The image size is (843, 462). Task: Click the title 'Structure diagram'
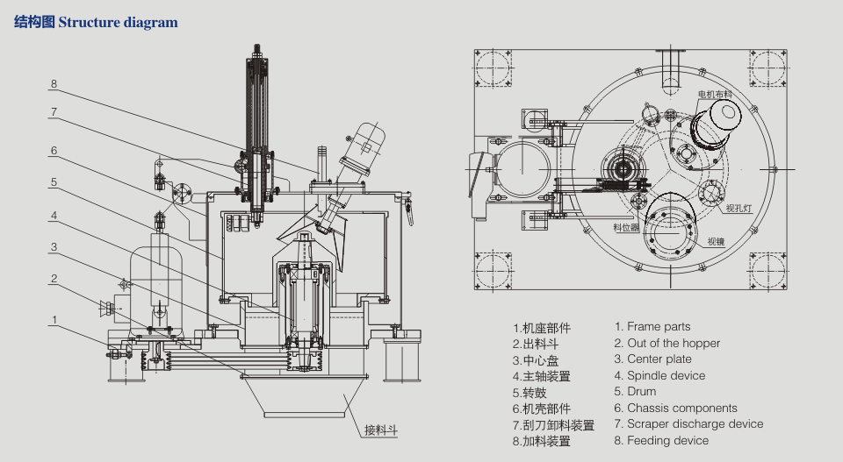(x=118, y=22)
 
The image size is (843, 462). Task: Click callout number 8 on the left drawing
(x=54, y=85)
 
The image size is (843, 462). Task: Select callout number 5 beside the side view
(x=54, y=182)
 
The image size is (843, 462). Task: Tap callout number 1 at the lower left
(x=54, y=319)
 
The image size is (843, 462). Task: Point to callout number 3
(x=54, y=247)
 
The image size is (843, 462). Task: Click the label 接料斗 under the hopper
(x=381, y=430)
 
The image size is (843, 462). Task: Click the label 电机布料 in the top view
(x=716, y=94)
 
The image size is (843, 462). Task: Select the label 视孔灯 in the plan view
(x=738, y=209)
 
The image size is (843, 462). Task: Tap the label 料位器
(x=625, y=227)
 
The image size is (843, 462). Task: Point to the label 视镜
(x=716, y=241)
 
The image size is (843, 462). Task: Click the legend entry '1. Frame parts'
(x=652, y=327)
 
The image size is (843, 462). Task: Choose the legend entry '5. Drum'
(x=635, y=392)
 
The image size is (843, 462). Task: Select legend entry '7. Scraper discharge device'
(x=688, y=424)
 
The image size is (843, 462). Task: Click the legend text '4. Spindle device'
(x=659, y=376)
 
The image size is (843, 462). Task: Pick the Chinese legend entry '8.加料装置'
(x=542, y=442)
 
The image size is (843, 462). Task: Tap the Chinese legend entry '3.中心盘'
(x=536, y=360)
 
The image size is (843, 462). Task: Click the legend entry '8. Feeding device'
(x=661, y=440)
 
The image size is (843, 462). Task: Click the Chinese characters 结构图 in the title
(x=34, y=22)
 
